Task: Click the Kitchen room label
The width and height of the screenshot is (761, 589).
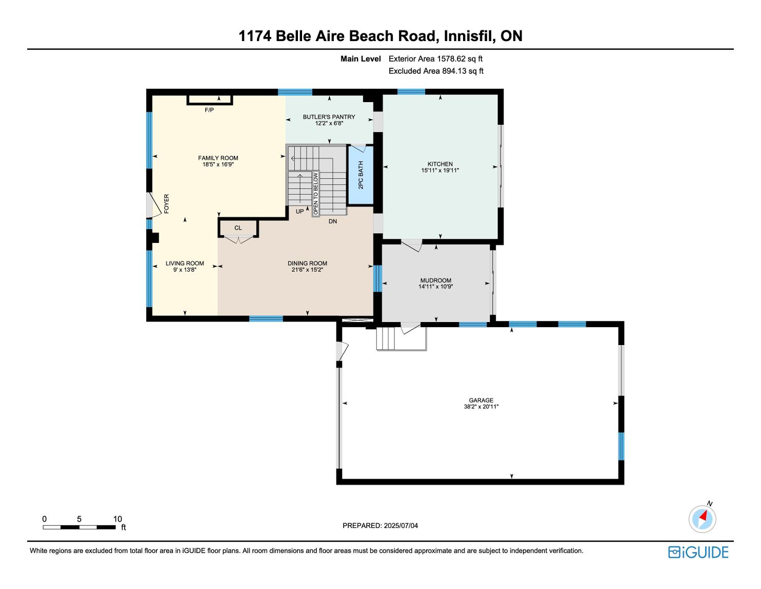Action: [x=440, y=164]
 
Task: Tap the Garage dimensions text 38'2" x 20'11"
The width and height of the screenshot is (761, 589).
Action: [x=481, y=407]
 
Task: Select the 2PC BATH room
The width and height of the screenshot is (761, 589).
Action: [x=361, y=175]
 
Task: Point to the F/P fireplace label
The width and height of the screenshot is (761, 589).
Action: [x=209, y=110]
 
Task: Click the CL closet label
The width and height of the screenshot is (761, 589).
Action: [x=238, y=228]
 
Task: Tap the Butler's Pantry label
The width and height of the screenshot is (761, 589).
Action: [x=329, y=117]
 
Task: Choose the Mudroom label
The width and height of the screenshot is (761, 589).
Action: [x=436, y=280]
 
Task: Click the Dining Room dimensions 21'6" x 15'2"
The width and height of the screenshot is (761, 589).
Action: [x=307, y=270]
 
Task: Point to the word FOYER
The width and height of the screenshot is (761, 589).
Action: [x=166, y=204]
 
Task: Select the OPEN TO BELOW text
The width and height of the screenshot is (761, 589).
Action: [x=315, y=194]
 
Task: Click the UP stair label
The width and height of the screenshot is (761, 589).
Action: [x=299, y=212]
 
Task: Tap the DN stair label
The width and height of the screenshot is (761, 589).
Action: [x=333, y=221]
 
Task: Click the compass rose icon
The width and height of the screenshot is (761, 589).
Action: [x=702, y=519]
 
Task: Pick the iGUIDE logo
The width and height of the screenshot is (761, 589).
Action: [x=698, y=552]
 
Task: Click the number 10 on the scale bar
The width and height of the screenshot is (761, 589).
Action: [x=117, y=519]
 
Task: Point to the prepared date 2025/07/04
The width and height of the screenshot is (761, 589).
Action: [x=400, y=525]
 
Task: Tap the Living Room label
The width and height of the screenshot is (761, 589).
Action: [x=185, y=263]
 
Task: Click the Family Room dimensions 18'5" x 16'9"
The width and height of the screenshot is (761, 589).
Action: [x=218, y=164]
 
